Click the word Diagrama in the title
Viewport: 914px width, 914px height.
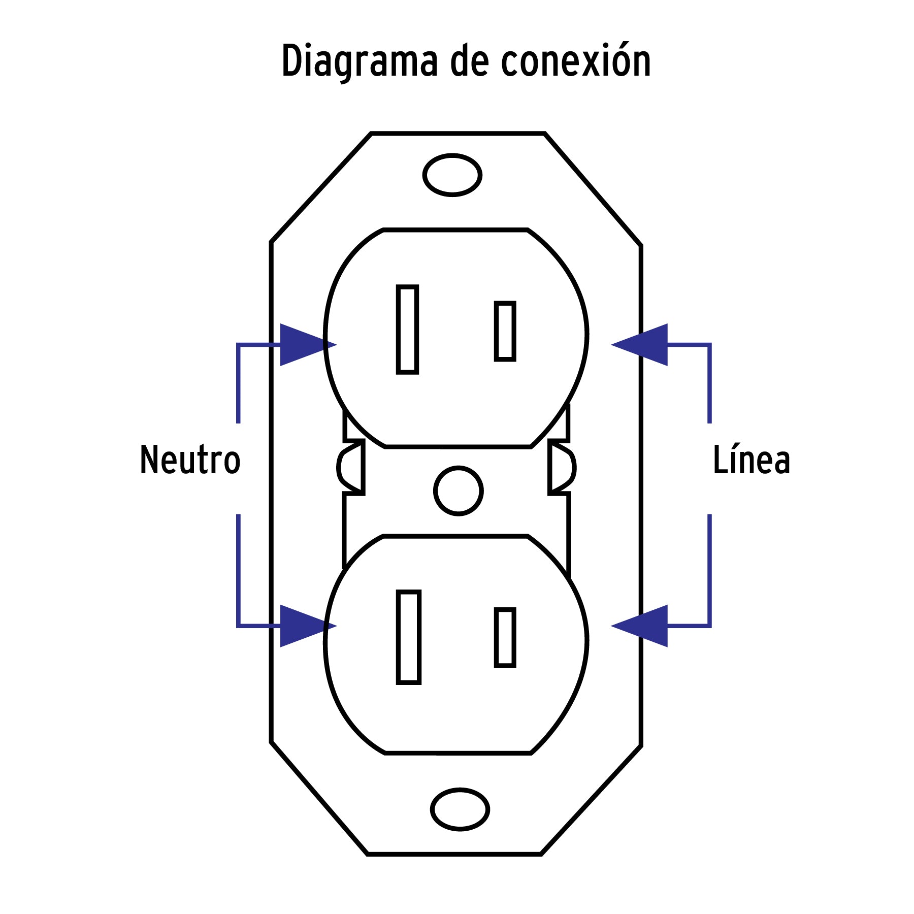tap(359, 62)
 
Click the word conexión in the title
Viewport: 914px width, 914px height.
tap(576, 62)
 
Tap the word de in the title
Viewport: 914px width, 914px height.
tap(469, 62)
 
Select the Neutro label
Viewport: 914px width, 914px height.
tap(190, 460)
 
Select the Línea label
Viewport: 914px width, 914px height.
tap(752, 460)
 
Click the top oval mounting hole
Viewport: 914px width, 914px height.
tap(452, 175)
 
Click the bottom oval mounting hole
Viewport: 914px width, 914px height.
tap(460, 809)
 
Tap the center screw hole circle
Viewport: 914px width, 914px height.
tap(458, 491)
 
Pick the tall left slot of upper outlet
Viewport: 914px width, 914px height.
tap(407, 330)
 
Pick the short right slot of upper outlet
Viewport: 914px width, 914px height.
tap(505, 332)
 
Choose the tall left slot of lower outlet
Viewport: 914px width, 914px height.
tap(409, 637)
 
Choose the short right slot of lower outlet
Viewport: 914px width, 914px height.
tap(505, 637)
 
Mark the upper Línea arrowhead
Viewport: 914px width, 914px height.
tap(641, 345)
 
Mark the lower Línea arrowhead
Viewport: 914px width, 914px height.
tap(641, 626)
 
